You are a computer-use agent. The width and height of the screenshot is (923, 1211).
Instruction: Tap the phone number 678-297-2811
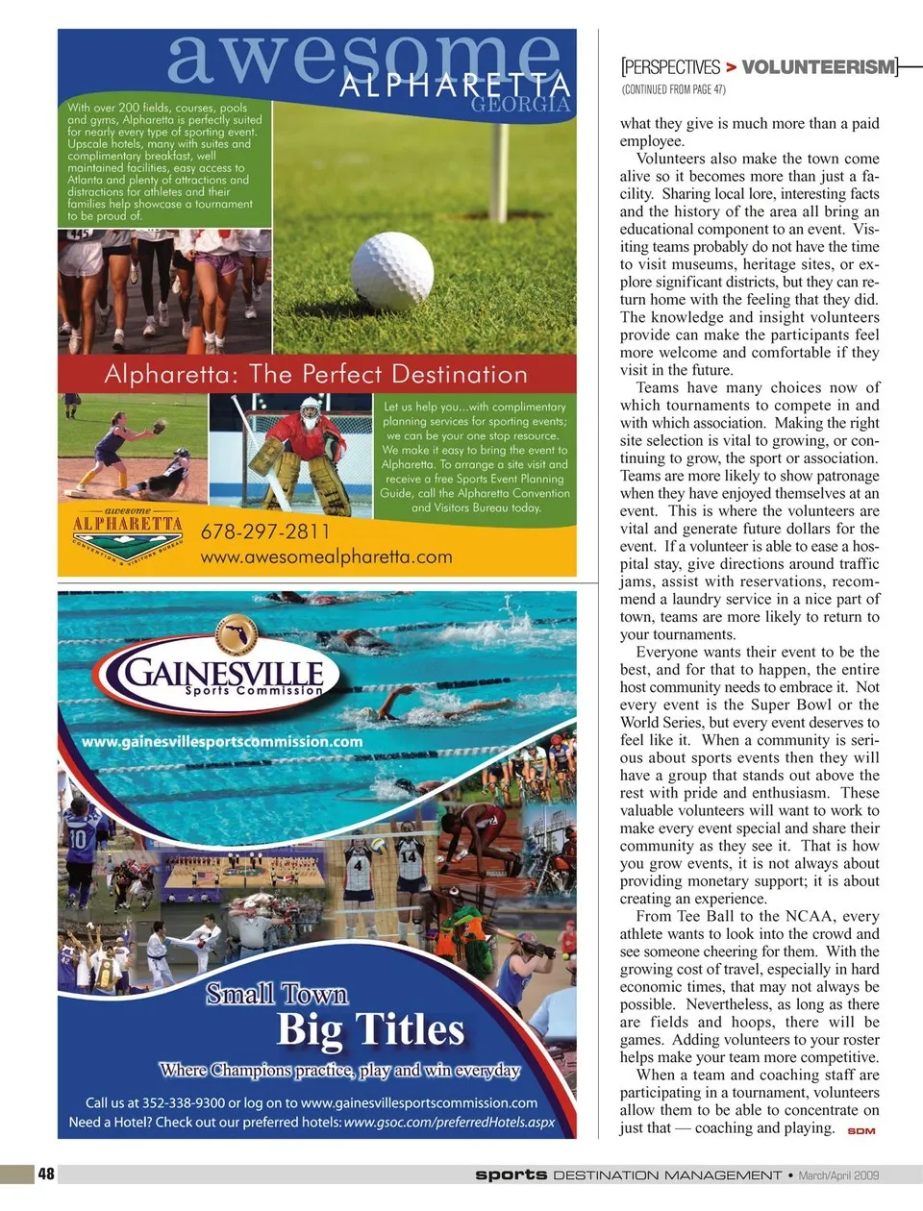click(x=264, y=531)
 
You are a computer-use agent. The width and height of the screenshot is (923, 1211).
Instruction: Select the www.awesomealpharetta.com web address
click(x=326, y=556)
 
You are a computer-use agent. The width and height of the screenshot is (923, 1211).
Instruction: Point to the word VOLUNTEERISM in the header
click(x=818, y=66)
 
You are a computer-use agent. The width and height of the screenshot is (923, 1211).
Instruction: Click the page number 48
click(x=46, y=1174)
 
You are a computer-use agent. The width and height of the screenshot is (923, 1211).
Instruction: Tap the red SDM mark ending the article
click(x=861, y=1130)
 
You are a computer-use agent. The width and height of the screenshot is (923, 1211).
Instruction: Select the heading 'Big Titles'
click(x=370, y=1030)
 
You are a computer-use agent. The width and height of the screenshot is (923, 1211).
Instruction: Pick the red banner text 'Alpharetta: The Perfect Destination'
click(x=315, y=374)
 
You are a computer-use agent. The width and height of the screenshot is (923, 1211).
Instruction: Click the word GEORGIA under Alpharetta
click(x=520, y=105)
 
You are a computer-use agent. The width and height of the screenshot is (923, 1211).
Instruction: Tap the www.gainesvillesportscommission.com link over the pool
click(x=222, y=741)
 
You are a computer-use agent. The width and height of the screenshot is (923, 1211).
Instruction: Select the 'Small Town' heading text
click(x=277, y=994)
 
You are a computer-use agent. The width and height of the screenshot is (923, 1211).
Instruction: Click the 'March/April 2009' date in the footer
click(x=837, y=1174)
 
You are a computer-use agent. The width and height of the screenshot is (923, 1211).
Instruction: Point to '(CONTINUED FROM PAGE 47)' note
click(x=674, y=89)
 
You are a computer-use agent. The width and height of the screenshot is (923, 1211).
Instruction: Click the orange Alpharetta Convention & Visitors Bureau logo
click(x=127, y=533)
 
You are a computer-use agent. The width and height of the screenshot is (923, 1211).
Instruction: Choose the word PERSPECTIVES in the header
click(x=672, y=66)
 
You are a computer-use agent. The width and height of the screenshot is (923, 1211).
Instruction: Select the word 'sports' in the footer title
click(x=511, y=1174)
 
